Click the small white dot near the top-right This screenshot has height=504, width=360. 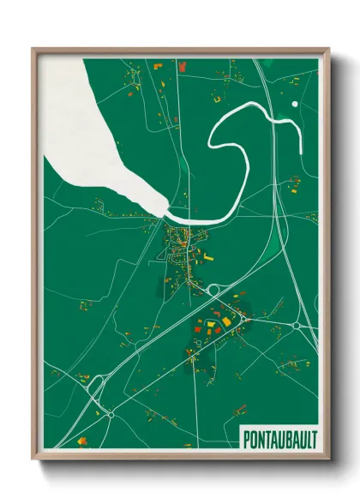pyautogui.click(x=295, y=105)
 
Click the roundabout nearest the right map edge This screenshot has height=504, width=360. pyautogui.click(x=297, y=326)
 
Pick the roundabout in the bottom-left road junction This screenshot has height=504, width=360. pyautogui.click(x=111, y=414)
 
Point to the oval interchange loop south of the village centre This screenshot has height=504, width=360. pyautogui.click(x=212, y=291)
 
